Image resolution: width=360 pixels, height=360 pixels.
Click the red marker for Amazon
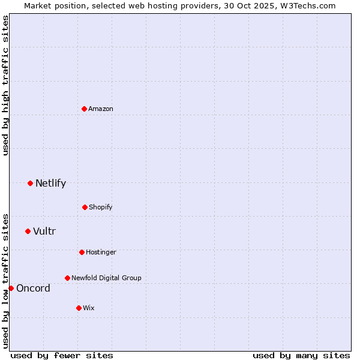[85, 109]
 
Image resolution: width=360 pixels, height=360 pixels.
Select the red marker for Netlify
[30, 183]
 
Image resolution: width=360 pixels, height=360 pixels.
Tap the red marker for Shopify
[85, 207]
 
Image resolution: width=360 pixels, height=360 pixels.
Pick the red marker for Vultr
[28, 231]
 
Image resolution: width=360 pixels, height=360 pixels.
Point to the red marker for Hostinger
[82, 252]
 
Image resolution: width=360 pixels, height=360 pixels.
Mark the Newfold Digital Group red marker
[67, 278]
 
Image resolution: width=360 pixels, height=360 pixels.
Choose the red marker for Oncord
[11, 288]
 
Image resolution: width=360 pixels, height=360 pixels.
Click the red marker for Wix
[79, 308]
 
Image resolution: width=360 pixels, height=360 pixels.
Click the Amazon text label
[101, 109]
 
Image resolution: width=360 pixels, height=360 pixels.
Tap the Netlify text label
[50, 183]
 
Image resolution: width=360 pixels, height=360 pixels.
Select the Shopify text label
[101, 207]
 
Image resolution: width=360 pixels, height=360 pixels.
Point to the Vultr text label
[44, 231]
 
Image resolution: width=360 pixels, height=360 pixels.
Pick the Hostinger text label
[101, 252]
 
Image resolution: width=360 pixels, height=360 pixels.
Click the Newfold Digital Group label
[106, 278]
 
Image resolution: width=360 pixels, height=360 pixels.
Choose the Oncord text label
[33, 288]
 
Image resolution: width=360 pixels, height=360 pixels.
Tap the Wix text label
[89, 308]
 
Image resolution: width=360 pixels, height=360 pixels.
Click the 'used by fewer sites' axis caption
[62, 355]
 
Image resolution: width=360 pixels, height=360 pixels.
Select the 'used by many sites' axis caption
[301, 355]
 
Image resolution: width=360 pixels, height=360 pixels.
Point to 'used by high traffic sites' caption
[5, 85]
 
